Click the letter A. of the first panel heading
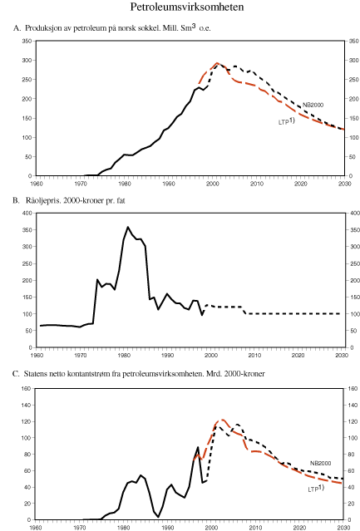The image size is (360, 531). pos(17,29)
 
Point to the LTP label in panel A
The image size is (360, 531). pos(285,121)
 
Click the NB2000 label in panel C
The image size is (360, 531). pos(323,462)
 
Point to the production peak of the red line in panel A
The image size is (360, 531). pos(217,63)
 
